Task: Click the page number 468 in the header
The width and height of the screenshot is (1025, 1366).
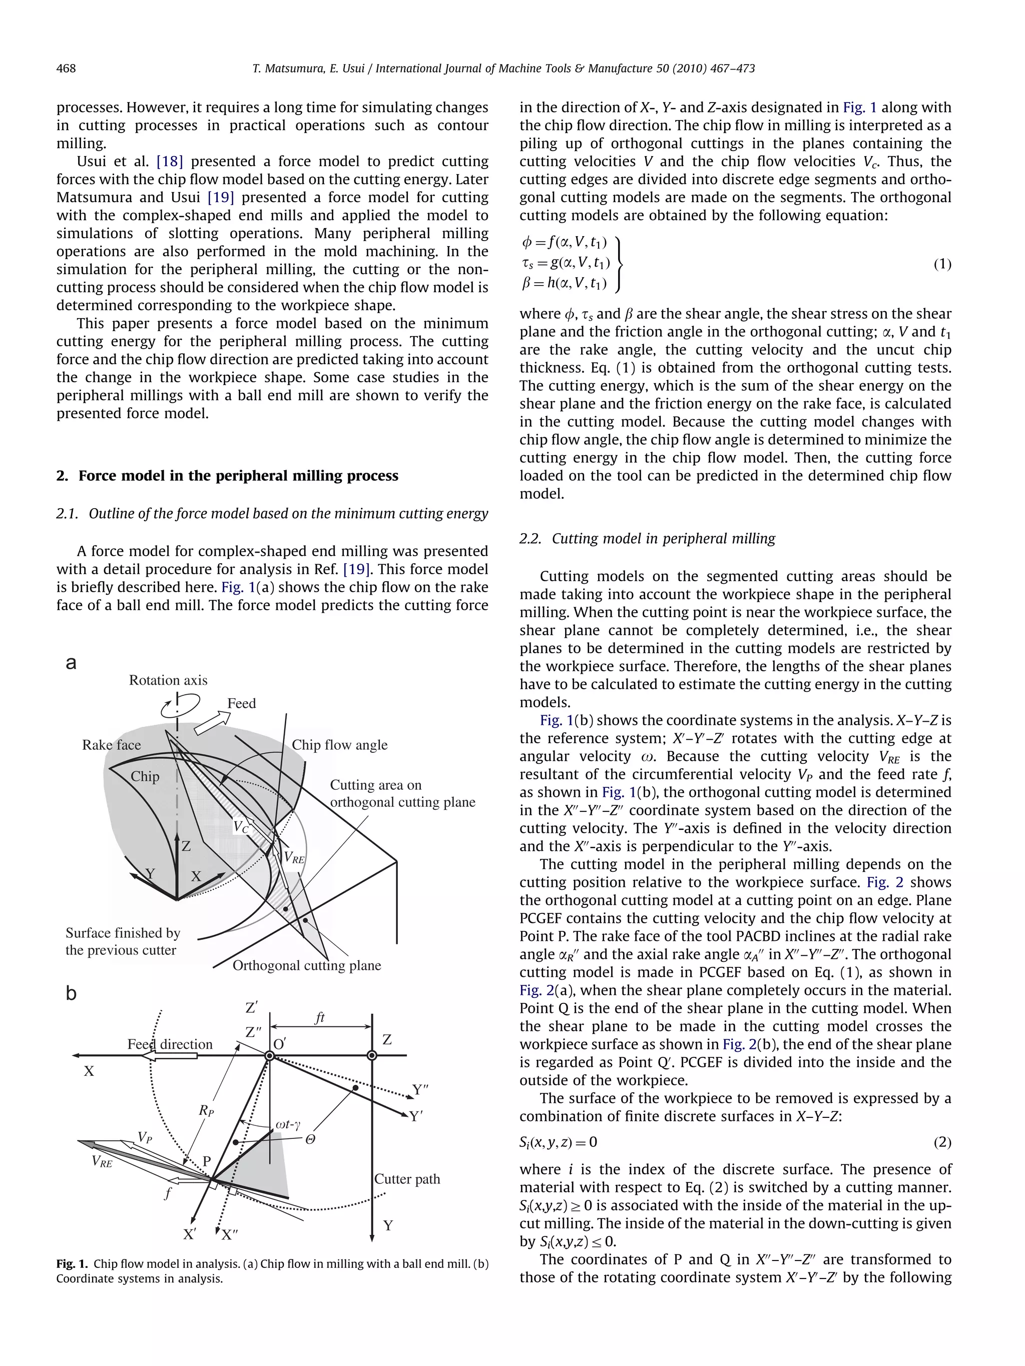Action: coord(66,69)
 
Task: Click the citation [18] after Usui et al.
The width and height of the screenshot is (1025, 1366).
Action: coord(169,162)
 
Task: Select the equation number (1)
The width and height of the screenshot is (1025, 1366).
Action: coord(941,264)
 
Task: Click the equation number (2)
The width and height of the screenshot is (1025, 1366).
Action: coord(941,1142)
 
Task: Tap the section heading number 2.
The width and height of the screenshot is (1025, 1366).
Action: coord(62,476)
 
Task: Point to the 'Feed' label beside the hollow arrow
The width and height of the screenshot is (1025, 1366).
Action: coord(241,703)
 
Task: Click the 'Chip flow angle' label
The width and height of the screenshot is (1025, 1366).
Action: coord(339,745)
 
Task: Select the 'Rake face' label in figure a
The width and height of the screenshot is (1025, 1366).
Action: coord(111,745)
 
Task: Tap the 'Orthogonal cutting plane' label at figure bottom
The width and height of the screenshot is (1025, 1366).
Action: coord(306,965)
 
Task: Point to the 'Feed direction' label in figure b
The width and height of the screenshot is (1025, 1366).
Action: coord(170,1044)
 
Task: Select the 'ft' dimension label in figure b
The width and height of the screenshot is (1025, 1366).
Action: coord(319,1017)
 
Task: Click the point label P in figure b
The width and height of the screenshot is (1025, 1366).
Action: coord(207,1161)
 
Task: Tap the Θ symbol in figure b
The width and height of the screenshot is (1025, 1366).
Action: coord(310,1139)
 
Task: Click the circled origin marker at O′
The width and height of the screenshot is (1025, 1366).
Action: coord(269,1056)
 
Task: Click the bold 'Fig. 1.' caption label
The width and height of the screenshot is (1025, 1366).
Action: coord(72,1264)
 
